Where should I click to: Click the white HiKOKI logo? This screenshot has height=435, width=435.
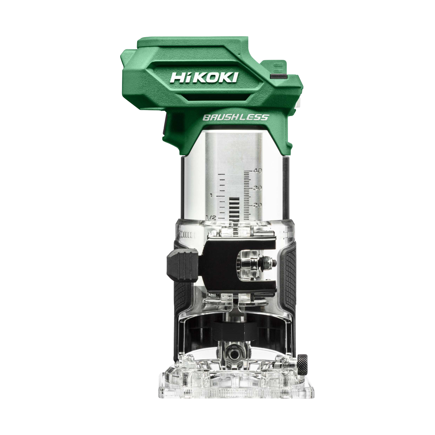(x=204, y=77)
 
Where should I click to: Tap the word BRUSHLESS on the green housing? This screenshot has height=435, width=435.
(x=236, y=118)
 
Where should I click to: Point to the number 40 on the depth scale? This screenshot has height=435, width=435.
(x=258, y=171)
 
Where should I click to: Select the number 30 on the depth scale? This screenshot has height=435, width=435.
(x=258, y=188)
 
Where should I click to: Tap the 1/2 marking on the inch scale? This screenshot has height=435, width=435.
(x=211, y=218)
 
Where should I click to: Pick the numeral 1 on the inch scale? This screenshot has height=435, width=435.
(x=211, y=195)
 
